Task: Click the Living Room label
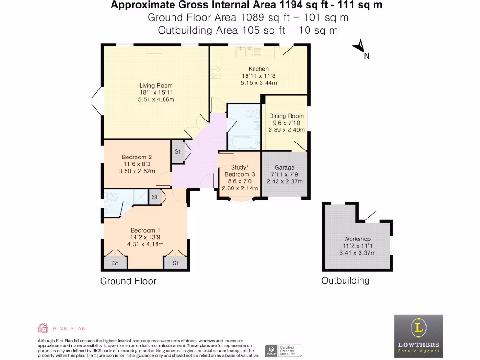[x=156, y=86]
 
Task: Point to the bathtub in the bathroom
[x=243, y=142]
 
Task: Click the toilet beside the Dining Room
[x=252, y=112]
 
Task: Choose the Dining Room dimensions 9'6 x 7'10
[x=286, y=123]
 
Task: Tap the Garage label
[x=285, y=167]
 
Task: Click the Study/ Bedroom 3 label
[x=239, y=171]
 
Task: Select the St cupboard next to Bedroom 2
[x=178, y=151]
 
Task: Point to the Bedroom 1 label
[x=145, y=230]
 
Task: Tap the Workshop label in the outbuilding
[x=357, y=239]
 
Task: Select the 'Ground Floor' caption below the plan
[x=128, y=281]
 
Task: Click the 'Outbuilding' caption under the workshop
[x=345, y=281]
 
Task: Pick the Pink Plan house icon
[x=43, y=328]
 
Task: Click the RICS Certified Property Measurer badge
[x=284, y=350]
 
